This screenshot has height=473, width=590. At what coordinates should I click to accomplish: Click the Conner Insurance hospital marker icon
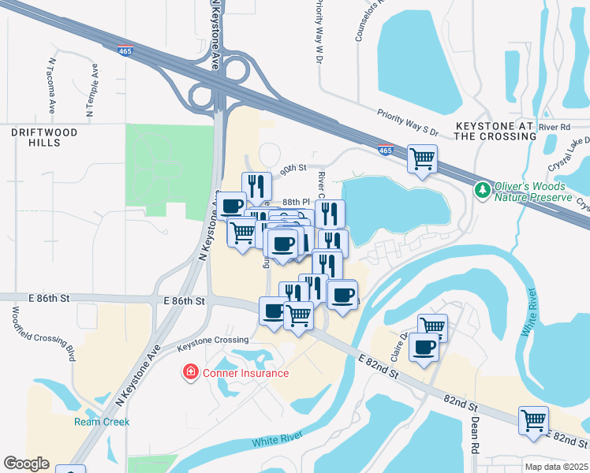190,372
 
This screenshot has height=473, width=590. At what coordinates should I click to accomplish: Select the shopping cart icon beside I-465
422,158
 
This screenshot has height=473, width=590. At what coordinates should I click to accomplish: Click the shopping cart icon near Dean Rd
534,419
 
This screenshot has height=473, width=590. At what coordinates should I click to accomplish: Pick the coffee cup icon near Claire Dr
424,348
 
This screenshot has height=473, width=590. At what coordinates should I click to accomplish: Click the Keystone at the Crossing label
496,131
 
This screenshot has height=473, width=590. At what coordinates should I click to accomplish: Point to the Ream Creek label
102,422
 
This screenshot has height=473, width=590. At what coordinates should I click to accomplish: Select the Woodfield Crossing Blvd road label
43,331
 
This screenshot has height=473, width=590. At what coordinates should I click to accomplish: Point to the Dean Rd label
476,434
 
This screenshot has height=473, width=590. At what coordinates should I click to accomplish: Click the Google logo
26,464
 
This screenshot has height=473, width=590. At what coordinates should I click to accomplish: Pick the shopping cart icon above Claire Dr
432,326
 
